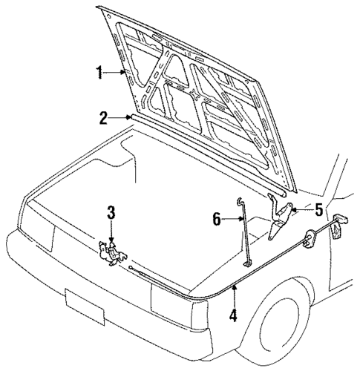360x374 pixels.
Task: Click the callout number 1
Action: [x=99, y=73]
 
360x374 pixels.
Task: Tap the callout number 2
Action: [x=105, y=116]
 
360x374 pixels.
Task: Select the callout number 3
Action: [x=111, y=214]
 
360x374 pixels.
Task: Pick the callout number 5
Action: [x=318, y=210]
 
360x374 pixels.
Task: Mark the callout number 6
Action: [x=217, y=218]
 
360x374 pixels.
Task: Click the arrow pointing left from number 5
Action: [x=299, y=211]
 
